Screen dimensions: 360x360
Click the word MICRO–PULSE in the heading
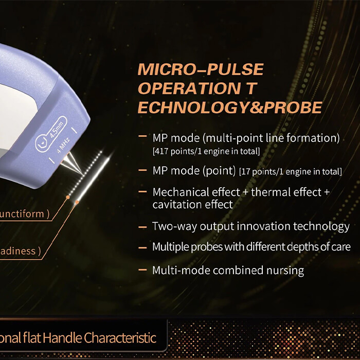(200, 69)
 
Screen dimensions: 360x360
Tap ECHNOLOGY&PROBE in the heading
(230, 107)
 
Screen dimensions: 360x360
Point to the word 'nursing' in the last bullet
(285, 270)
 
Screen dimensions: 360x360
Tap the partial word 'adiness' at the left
(19, 251)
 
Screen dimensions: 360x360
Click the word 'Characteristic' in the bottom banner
(119, 338)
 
